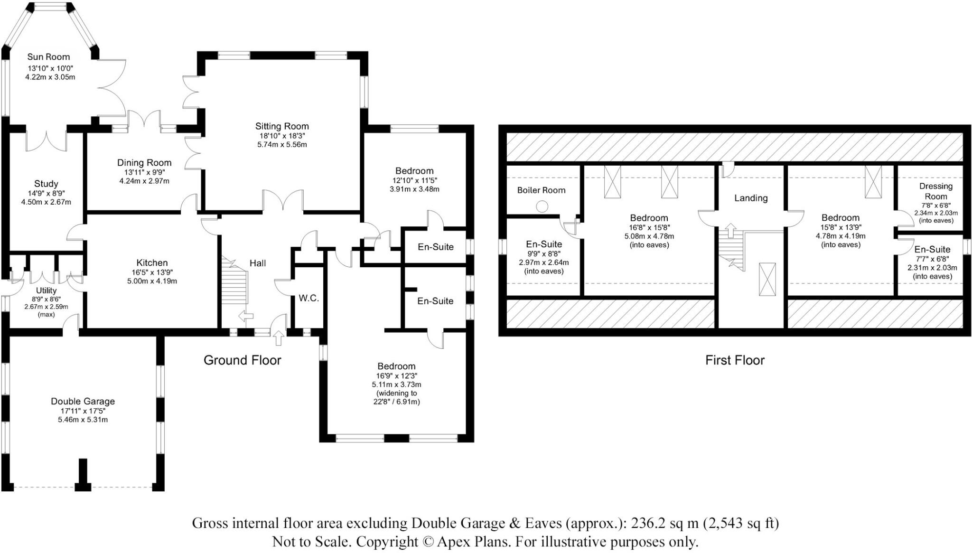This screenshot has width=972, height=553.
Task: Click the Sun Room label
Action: [48, 57]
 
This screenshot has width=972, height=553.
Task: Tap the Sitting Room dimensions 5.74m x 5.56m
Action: [282, 145]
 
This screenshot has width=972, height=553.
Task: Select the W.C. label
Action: [308, 299]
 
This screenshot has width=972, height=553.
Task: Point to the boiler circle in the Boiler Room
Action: [542, 206]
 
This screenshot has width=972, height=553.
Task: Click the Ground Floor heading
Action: [242, 360]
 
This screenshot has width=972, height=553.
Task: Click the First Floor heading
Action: [735, 360]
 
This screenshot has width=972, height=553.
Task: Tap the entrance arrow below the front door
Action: [279, 337]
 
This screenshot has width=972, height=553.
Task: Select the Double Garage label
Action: [83, 402]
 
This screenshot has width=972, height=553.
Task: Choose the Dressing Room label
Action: [935, 191]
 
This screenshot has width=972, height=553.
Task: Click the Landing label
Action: [750, 198]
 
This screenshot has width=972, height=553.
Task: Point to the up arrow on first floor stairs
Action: [730, 230]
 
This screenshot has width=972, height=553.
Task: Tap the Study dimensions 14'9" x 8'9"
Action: [46, 193]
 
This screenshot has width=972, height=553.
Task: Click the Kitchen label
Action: [152, 263]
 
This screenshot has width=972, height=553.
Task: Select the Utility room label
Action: [46, 291]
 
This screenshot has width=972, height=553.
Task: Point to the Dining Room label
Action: [144, 163]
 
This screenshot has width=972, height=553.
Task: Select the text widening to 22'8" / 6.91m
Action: [396, 397]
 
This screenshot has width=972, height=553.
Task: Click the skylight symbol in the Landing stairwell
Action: [767, 279]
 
